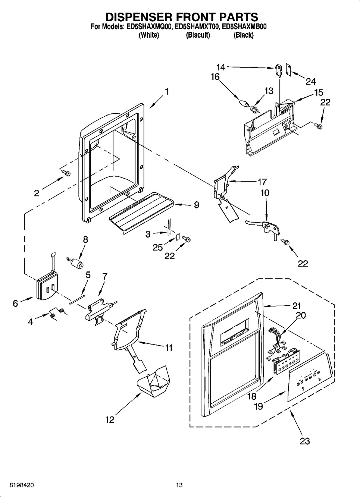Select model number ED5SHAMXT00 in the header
click(x=197, y=27)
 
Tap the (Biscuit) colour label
click(x=198, y=35)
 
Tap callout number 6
click(x=15, y=303)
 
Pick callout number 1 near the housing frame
click(x=166, y=92)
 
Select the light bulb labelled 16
click(x=244, y=104)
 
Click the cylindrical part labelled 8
click(x=75, y=263)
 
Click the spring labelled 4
click(x=57, y=312)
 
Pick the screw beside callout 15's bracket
click(x=317, y=126)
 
